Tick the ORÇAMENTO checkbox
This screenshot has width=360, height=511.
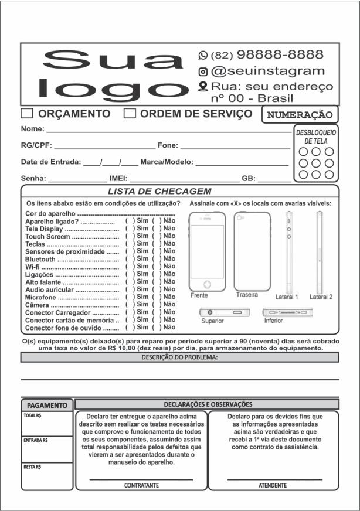click(x=27, y=114)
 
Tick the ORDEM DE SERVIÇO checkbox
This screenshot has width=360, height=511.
click(x=130, y=114)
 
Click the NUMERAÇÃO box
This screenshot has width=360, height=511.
click(x=299, y=115)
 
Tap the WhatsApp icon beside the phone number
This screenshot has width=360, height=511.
click(x=203, y=55)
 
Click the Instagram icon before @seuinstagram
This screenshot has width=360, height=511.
click(x=203, y=71)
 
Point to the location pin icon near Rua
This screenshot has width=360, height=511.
click(x=203, y=87)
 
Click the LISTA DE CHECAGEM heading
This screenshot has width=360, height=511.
click(x=159, y=192)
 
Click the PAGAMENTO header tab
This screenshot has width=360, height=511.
click(x=47, y=405)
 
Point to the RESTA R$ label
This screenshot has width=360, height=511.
click(x=32, y=467)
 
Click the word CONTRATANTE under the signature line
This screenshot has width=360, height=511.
click(x=141, y=485)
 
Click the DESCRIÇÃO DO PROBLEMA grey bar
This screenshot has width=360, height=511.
click(x=179, y=357)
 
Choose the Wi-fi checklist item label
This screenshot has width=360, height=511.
click(x=33, y=266)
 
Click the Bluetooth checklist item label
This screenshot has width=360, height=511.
click(x=40, y=258)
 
